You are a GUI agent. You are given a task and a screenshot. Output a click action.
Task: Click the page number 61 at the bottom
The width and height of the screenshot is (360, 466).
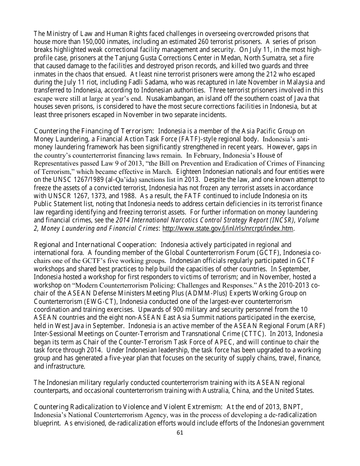pyautogui.click(x=180, y=433)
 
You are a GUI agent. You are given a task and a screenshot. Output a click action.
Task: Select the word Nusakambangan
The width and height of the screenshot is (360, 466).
pyautogui.click(x=169, y=99)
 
